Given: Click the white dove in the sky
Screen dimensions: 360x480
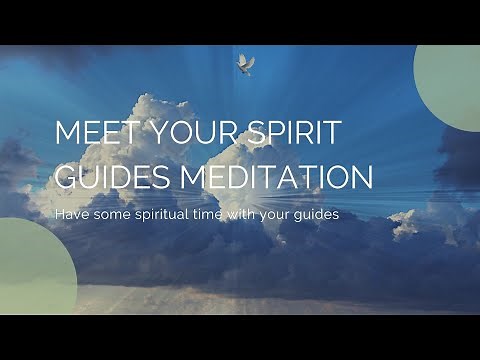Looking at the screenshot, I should [x=245, y=63].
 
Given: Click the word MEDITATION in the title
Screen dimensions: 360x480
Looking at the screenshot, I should [x=277, y=177].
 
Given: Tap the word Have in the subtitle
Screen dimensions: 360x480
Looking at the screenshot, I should [x=70, y=214].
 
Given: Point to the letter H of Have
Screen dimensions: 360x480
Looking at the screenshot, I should [x=59, y=214].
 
